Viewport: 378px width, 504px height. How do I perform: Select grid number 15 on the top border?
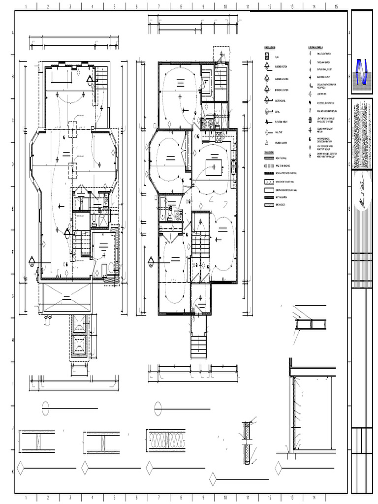[336, 7]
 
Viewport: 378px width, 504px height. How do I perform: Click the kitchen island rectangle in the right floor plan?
[214, 167]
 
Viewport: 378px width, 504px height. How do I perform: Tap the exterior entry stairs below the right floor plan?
[199, 346]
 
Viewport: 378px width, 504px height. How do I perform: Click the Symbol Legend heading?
[269, 48]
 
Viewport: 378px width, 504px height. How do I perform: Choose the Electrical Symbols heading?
[315, 48]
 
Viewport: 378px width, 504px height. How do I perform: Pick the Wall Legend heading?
[268, 153]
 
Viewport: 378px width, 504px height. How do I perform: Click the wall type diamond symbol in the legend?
[267, 132]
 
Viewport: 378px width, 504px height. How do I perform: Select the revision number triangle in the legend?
[267, 143]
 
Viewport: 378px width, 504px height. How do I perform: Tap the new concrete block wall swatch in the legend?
[269, 182]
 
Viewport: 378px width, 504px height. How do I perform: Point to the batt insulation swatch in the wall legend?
[269, 197]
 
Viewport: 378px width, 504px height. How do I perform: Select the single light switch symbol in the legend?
[311, 53]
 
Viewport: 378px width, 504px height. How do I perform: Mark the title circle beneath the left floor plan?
[46, 407]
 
